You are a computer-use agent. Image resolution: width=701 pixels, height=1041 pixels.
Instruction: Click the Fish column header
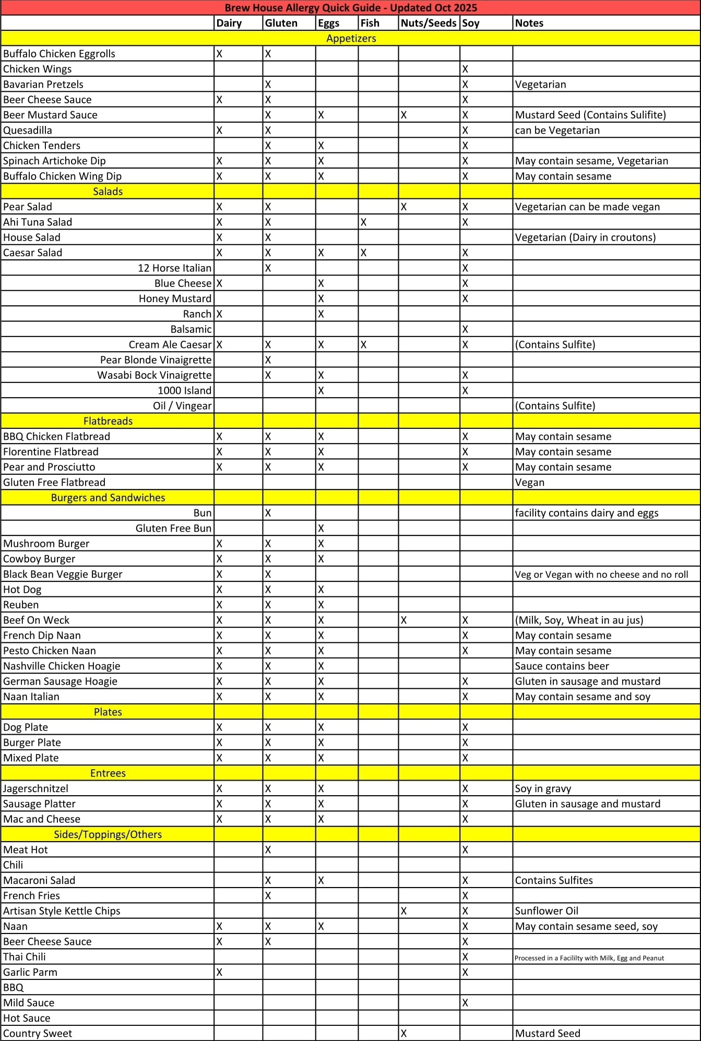point(370,23)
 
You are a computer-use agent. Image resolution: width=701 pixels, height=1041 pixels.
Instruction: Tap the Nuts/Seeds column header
point(428,23)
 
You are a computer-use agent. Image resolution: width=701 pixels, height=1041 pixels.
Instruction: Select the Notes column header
point(529,23)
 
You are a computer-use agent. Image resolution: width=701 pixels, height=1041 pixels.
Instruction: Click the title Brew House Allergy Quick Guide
point(351,8)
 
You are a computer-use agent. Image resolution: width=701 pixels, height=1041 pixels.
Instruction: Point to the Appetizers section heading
point(351,38)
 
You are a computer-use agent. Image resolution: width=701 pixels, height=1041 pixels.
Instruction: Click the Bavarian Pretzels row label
point(43,85)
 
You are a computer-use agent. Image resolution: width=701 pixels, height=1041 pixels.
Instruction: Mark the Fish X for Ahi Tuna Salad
point(363,222)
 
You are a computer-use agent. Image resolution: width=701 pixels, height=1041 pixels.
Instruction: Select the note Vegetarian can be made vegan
point(587,207)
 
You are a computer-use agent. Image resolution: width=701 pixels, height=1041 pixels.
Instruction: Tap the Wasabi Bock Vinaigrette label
point(155,375)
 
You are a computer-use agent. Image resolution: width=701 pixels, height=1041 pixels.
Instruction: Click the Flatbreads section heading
point(108,421)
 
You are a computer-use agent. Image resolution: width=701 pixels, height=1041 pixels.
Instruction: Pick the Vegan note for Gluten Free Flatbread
point(529,483)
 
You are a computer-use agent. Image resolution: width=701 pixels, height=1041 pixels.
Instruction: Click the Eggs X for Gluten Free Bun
point(321,529)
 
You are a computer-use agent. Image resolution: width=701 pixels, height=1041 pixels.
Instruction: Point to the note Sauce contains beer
point(562,666)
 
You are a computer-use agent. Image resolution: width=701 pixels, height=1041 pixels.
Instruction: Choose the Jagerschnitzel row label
point(36,788)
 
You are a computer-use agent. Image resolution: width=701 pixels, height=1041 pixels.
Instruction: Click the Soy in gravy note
point(543,788)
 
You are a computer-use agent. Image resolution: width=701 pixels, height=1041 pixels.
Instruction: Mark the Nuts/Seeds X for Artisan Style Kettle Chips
point(403,911)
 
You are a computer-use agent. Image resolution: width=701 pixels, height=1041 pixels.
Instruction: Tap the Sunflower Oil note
point(546,911)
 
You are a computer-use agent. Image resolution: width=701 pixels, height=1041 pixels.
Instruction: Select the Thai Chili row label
point(25,957)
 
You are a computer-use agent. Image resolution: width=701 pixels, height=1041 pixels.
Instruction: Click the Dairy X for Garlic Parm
point(219,972)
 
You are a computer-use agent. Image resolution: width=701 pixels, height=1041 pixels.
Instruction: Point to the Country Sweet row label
point(38,1033)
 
